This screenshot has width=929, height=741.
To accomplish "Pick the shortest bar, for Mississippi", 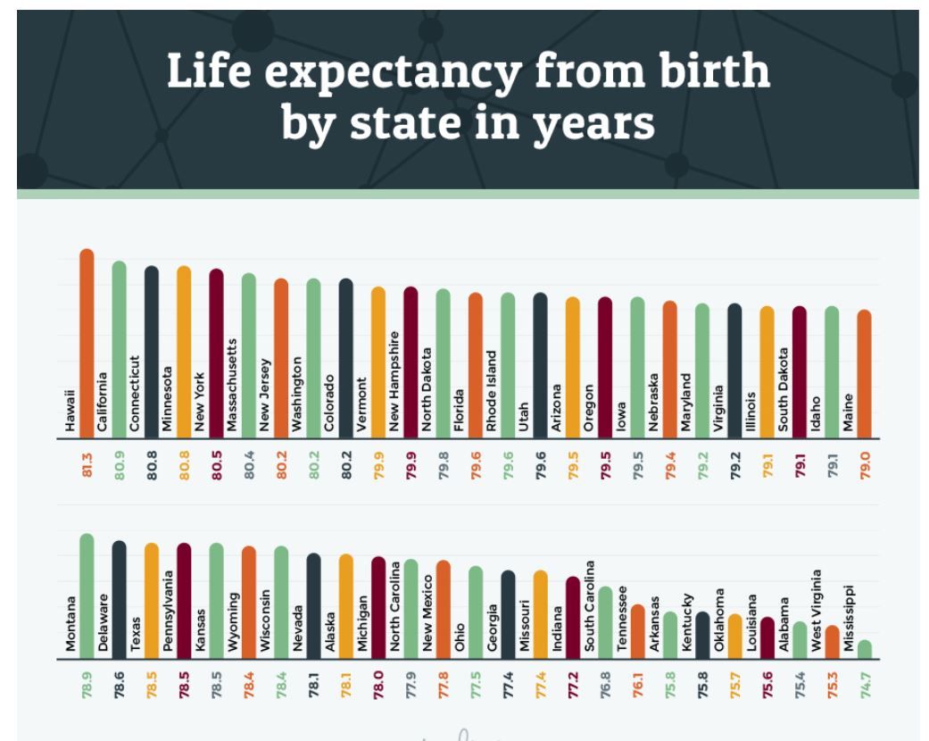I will [864, 649].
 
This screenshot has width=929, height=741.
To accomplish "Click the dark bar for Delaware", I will [119, 580].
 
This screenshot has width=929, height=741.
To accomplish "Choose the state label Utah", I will [525, 414].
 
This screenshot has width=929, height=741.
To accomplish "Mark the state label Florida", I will [460, 410].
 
